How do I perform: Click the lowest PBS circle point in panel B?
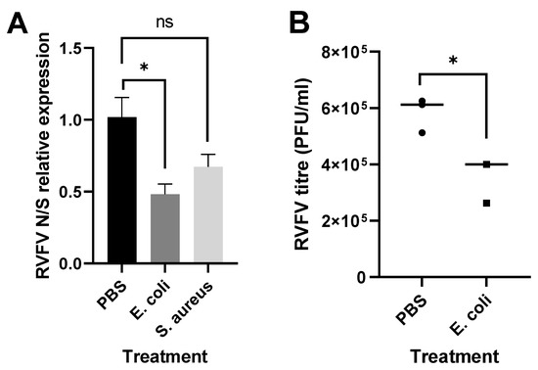423,131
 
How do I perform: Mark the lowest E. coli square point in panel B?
485,203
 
